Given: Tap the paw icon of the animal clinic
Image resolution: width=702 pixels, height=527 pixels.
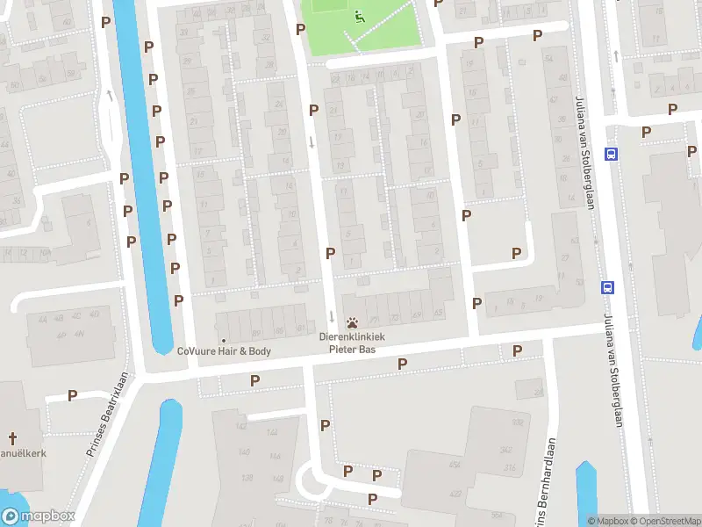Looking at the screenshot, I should (x=352, y=322).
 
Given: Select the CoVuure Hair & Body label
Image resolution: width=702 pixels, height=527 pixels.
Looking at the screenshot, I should (x=224, y=351).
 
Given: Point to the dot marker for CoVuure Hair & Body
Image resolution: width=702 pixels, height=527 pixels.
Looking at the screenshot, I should (x=224, y=340).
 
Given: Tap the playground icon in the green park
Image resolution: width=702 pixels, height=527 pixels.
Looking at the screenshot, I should (x=358, y=15).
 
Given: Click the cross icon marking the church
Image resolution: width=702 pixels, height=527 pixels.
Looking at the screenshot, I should (x=12, y=437).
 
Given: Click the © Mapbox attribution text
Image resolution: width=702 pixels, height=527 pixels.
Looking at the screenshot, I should (x=606, y=521).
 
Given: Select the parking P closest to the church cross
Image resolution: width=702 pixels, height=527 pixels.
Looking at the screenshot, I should (x=72, y=395).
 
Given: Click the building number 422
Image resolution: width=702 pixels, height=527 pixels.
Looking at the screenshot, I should (x=455, y=494).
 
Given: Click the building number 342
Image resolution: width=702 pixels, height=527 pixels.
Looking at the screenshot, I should (x=506, y=450).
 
